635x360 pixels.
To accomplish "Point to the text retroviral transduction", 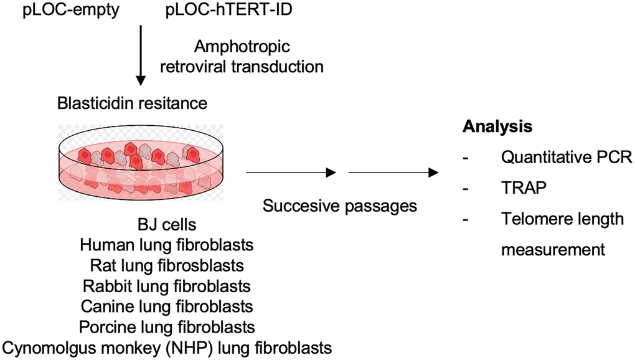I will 242,66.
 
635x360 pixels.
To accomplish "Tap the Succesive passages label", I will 339,206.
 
